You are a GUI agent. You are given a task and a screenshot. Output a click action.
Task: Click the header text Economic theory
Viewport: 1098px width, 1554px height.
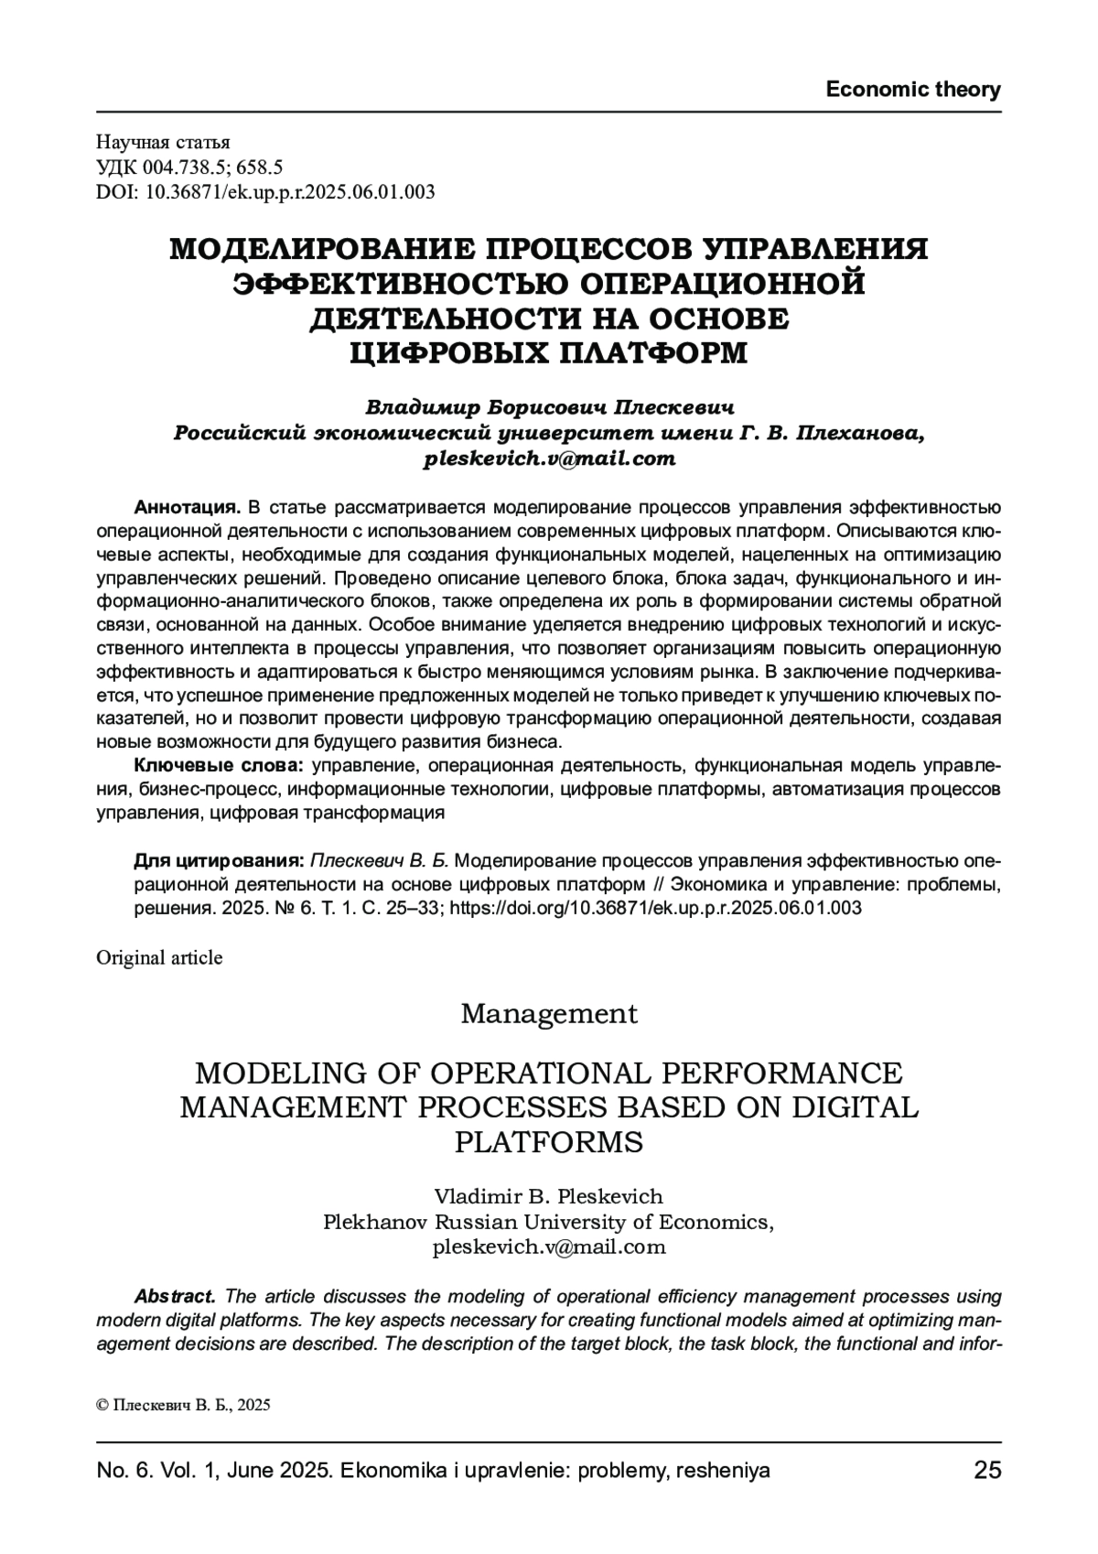tap(912, 90)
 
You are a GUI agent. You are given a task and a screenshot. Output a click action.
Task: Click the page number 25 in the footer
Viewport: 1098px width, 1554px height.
tap(987, 1471)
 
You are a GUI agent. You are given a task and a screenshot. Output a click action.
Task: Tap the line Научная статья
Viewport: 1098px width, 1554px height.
tap(164, 142)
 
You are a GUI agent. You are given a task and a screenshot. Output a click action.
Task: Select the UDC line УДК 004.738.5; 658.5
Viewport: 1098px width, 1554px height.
tap(189, 167)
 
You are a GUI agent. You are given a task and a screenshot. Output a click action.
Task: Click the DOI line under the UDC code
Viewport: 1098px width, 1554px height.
tap(265, 192)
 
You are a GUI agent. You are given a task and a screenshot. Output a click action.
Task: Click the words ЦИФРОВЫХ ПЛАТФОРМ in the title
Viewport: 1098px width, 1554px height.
tap(549, 353)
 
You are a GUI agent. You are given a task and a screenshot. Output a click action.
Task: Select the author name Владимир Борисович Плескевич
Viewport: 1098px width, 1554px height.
tap(549, 405)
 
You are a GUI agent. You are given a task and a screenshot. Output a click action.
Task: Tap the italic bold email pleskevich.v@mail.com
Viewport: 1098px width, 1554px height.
tap(549, 459)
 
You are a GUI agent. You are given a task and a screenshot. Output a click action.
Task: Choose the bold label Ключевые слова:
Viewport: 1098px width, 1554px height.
tap(220, 764)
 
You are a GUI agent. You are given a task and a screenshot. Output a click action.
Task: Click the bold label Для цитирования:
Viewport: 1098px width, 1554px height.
tap(219, 861)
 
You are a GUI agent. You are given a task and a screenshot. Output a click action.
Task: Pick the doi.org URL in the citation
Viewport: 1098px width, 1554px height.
tap(656, 909)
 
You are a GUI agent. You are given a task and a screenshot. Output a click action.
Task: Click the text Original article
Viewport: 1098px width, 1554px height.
tap(159, 957)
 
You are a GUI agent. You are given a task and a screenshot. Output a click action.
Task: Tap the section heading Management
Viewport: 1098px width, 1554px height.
tap(549, 1014)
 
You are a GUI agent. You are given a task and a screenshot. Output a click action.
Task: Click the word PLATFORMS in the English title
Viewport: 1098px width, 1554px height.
tap(549, 1143)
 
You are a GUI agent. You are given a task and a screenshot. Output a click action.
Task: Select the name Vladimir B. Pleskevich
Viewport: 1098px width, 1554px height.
tap(549, 1196)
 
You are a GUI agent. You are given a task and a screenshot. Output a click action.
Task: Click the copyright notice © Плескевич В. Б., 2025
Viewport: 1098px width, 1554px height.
tap(183, 1406)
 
